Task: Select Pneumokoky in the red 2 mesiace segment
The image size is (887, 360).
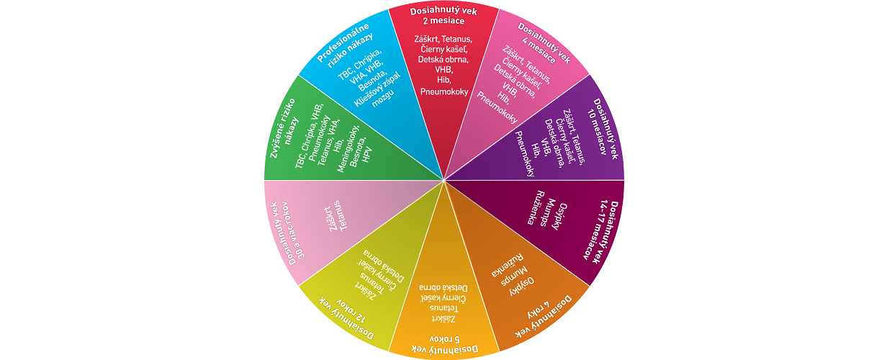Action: point(443,91)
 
